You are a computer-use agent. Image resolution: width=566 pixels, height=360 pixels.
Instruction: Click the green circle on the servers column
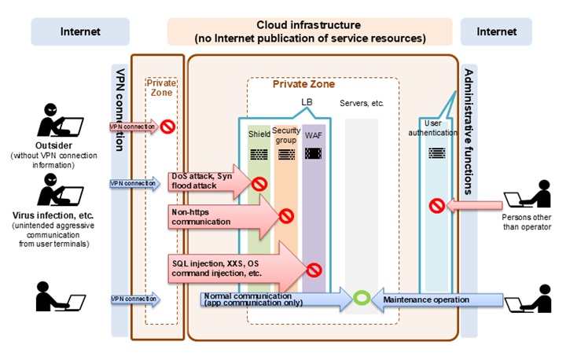(361, 299)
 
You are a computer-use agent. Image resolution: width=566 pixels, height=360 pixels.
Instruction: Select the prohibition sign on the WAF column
(314, 270)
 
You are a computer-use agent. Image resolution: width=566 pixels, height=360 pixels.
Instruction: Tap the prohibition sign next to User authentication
(436, 206)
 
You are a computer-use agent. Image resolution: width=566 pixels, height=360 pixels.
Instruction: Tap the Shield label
(259, 134)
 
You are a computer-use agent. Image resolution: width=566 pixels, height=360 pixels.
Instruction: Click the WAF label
(313, 134)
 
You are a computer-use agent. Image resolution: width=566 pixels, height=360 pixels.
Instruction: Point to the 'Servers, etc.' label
(361, 104)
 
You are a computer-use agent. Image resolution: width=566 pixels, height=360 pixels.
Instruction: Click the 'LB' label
(307, 102)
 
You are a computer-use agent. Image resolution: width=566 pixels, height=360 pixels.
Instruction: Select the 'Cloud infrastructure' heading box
(310, 31)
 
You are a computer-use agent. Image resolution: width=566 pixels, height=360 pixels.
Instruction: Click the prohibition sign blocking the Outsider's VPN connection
(167, 126)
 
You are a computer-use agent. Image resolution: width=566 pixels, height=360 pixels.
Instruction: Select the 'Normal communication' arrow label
(252, 299)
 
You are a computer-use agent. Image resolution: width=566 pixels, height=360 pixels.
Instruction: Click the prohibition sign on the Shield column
(259, 184)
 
